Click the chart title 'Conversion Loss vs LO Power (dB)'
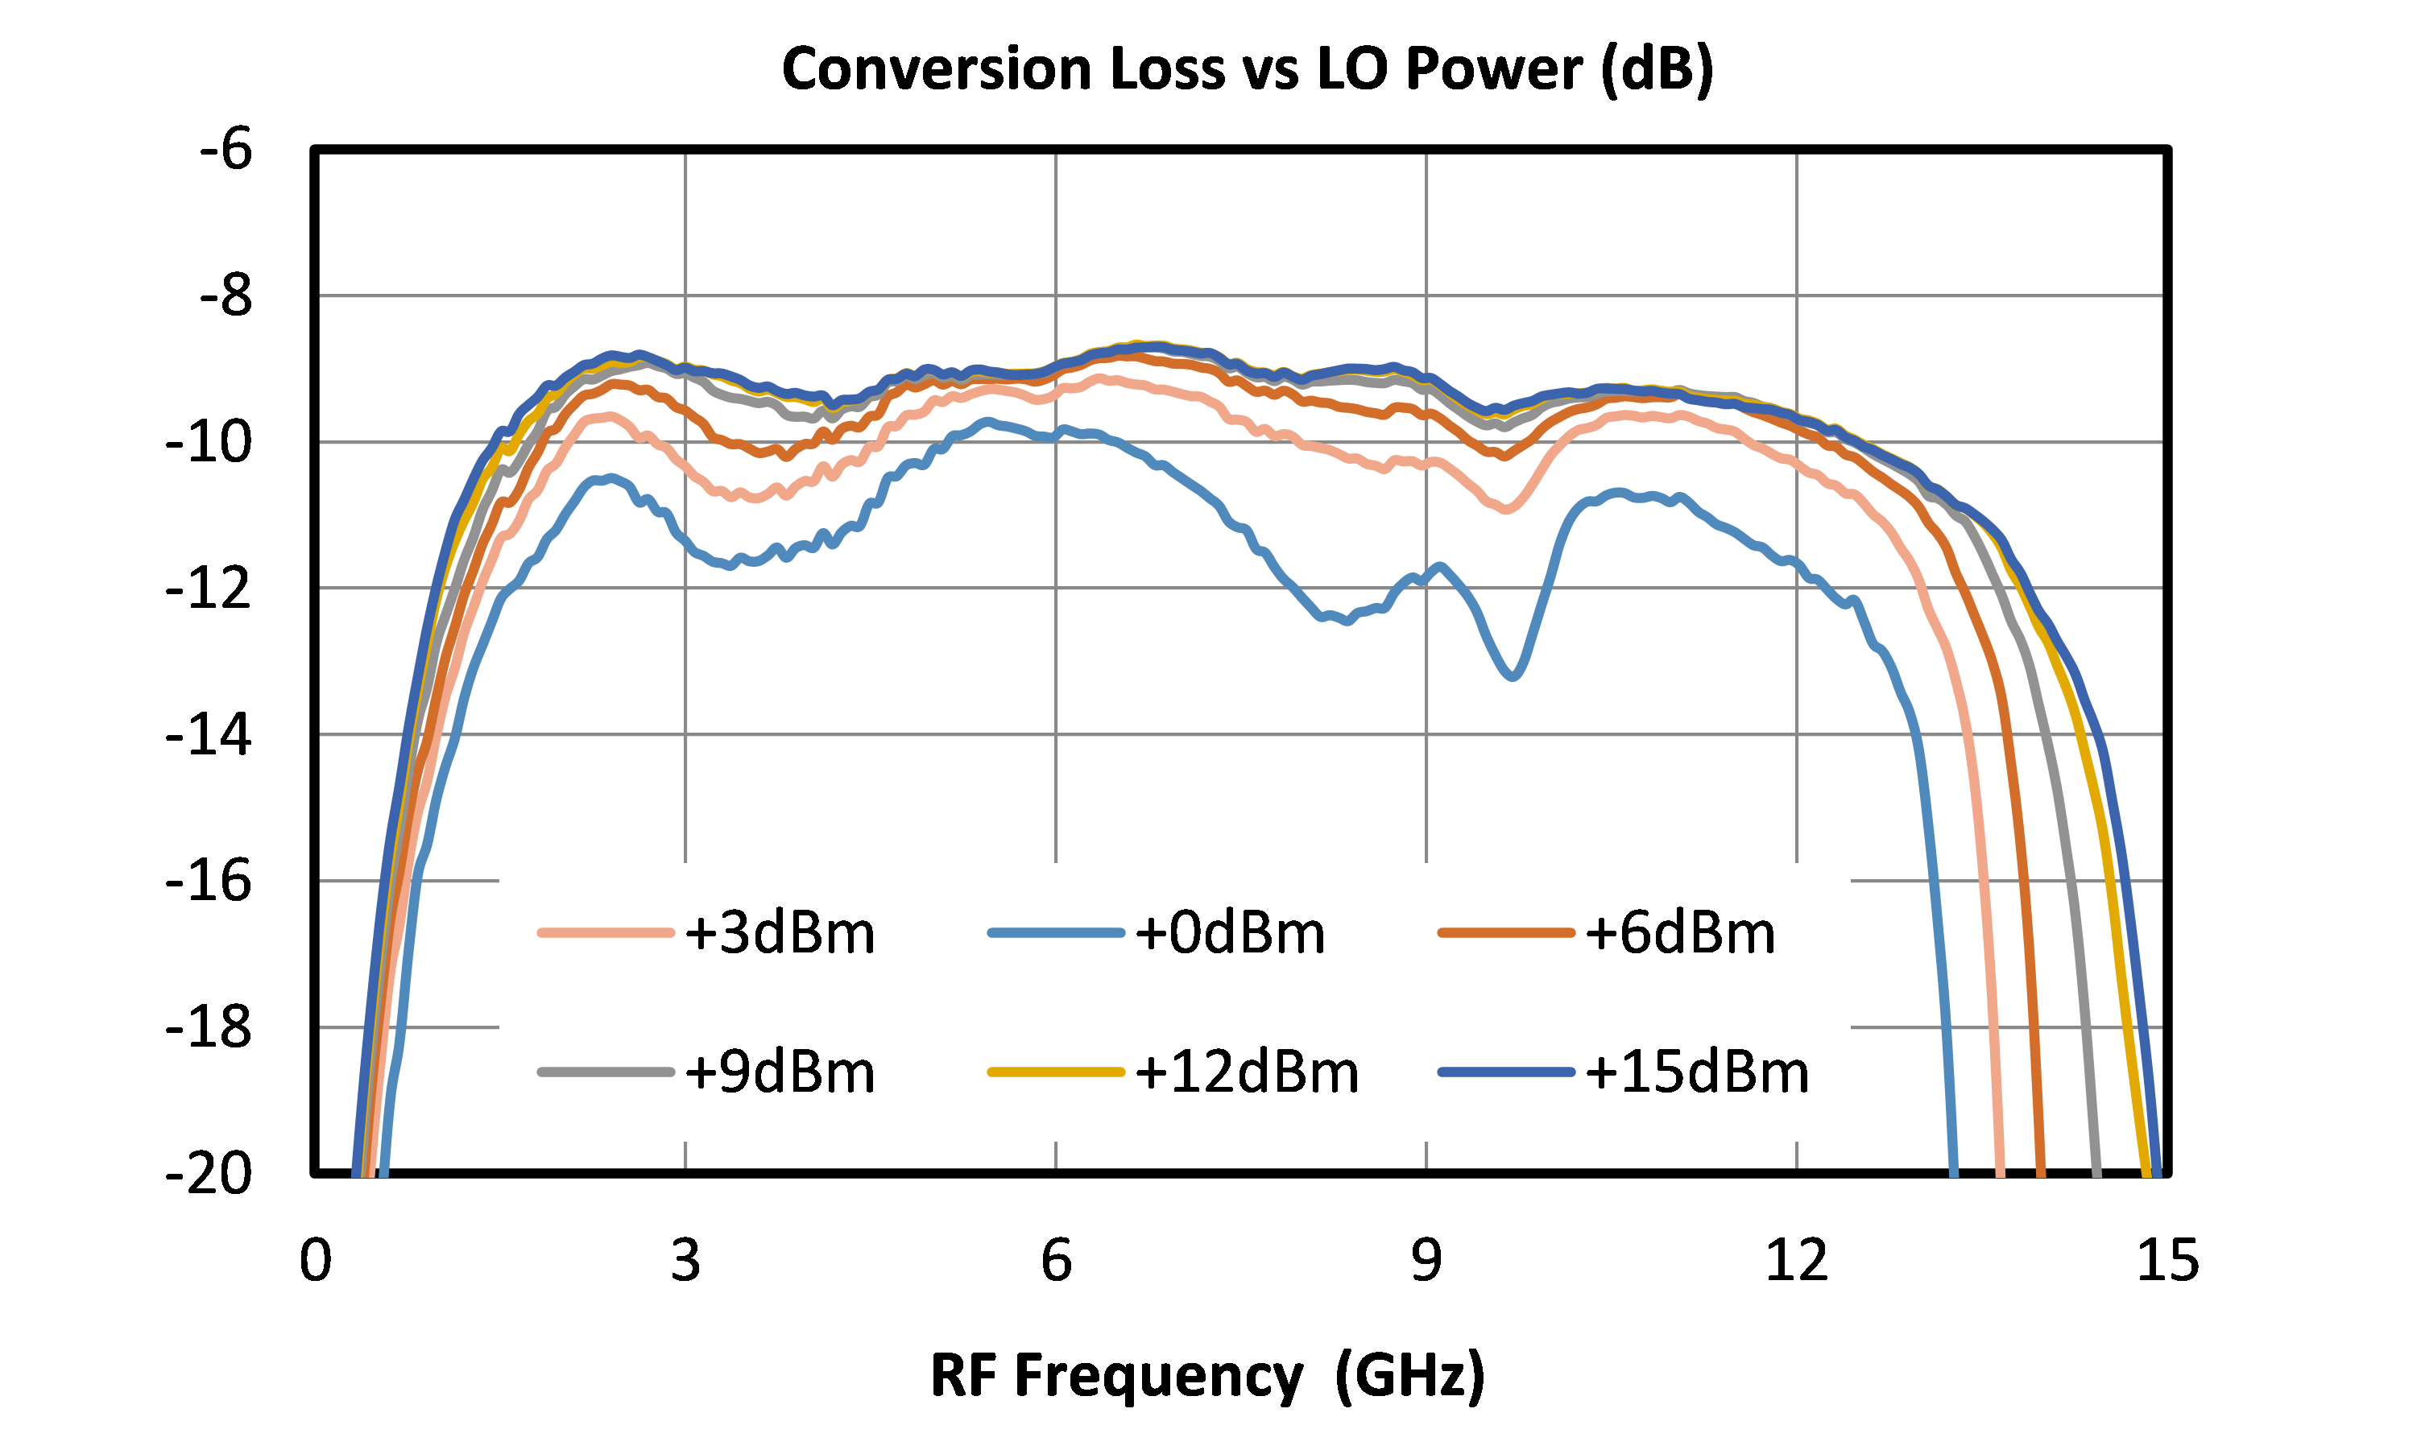1248,70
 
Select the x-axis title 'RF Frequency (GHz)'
1207,1377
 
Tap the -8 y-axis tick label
226,295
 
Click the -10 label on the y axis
208,442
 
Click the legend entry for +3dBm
706,933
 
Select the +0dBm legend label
1157,933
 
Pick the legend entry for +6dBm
1607,933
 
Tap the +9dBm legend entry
706,1072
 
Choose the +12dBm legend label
1173,1072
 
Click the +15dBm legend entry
1624,1072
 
